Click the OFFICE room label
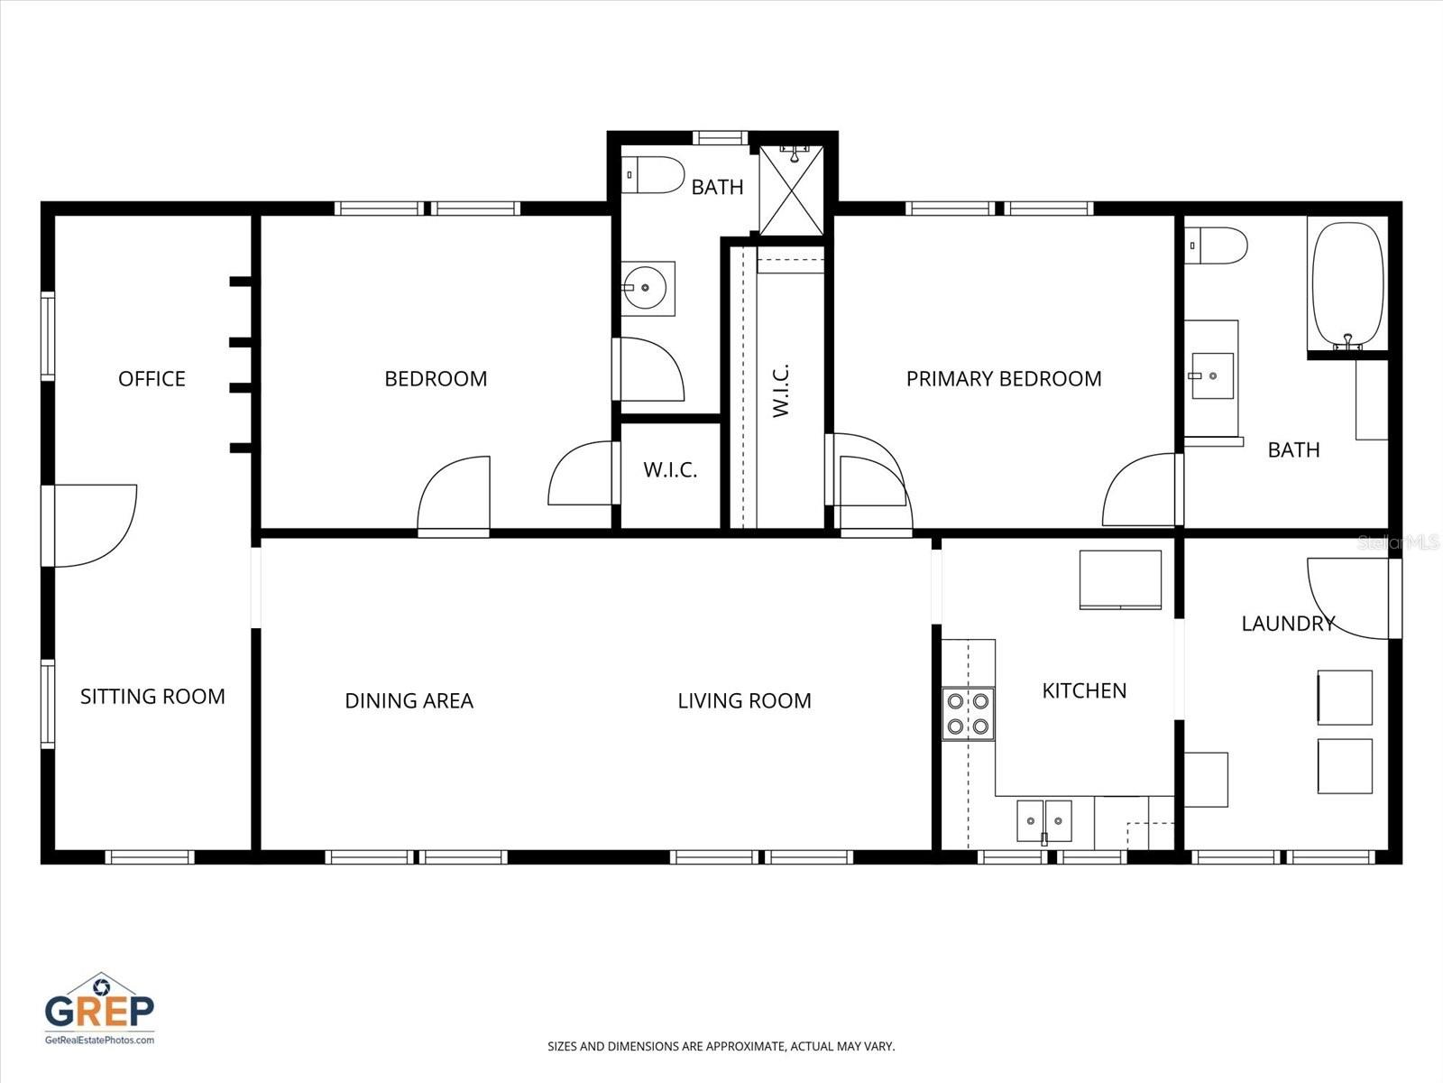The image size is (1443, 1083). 152,378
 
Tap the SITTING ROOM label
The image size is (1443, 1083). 152,696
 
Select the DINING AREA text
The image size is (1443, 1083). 409,700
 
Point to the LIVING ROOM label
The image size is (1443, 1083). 744,700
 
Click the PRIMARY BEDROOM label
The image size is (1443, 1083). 1003,378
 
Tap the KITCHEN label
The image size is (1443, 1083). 1084,690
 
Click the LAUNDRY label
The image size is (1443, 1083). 1287,623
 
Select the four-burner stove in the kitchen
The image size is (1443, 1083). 968,713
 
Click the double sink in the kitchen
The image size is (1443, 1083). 1044,820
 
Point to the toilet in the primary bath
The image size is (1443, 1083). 1218,245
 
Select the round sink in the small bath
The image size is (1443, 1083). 646,288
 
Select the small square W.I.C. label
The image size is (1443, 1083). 670,470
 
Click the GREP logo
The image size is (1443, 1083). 99,1009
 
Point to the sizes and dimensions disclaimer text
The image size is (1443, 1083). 721,1047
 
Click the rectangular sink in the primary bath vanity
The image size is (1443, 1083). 1210,375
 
